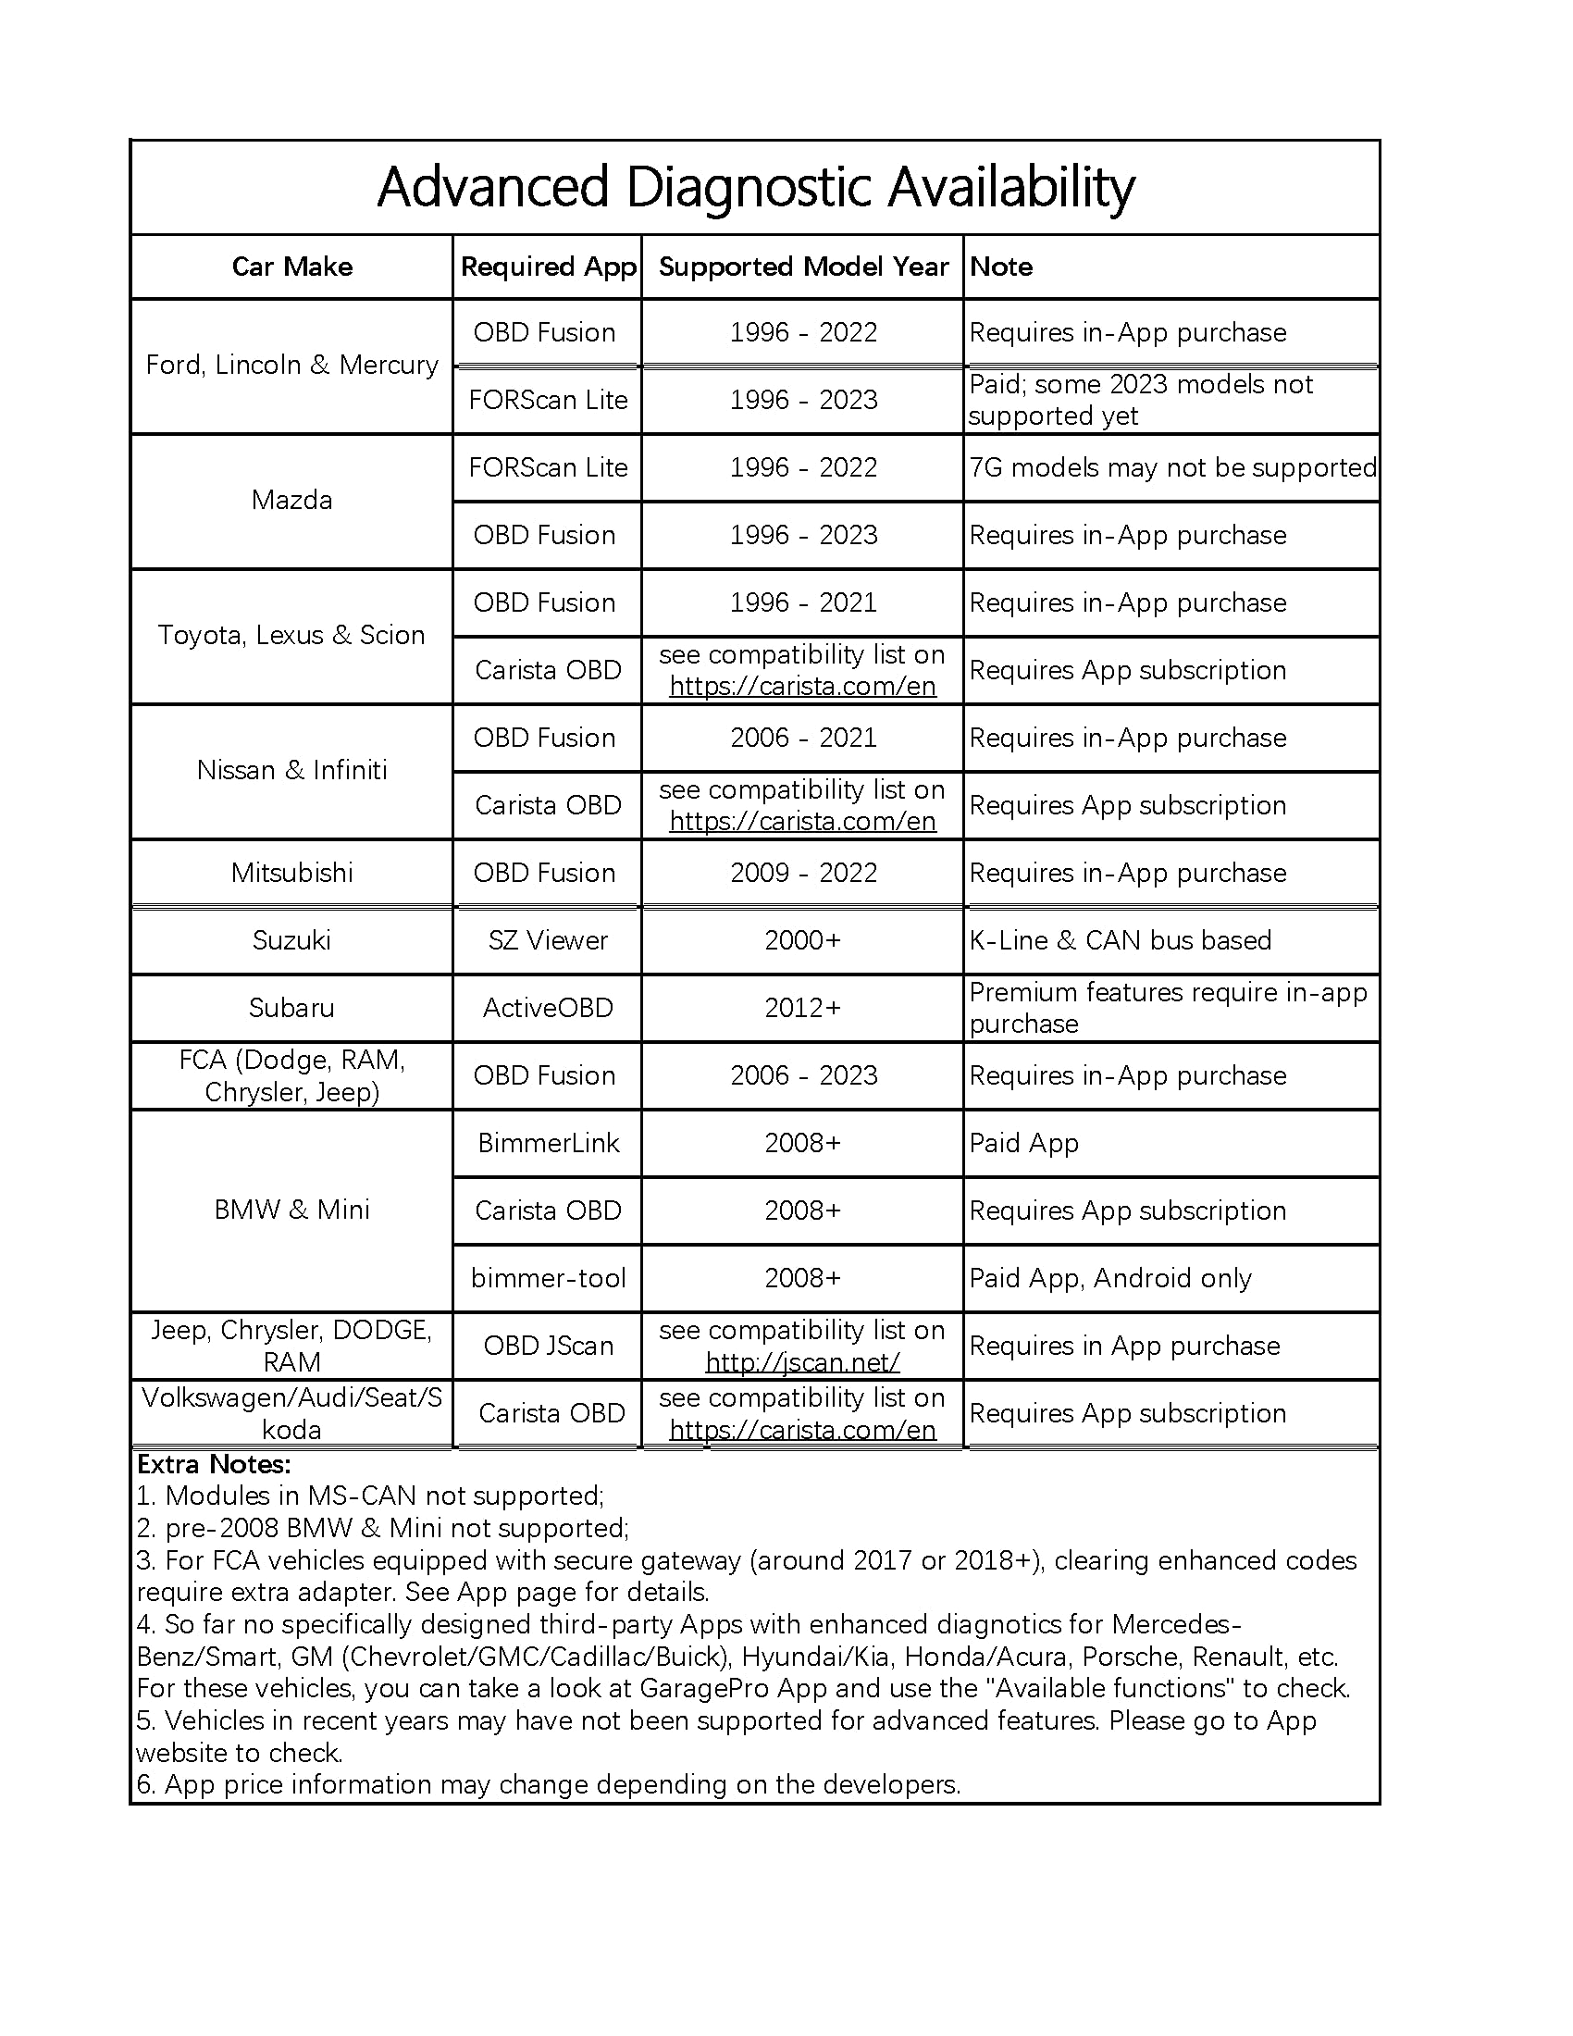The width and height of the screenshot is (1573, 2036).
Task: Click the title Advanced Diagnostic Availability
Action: pyautogui.click(x=755, y=187)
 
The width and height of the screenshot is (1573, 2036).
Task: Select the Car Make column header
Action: pyautogui.click(x=291, y=267)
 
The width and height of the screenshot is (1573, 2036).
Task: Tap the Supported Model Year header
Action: pyautogui.click(x=803, y=267)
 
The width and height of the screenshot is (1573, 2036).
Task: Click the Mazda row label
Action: pyautogui.click(x=291, y=501)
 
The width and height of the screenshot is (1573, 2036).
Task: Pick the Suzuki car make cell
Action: pyautogui.click(x=291, y=940)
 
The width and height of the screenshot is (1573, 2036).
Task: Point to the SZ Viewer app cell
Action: pyautogui.click(x=548, y=940)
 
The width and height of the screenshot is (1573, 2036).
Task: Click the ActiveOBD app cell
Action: pyautogui.click(x=548, y=1008)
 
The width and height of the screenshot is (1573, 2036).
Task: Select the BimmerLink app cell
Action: pyautogui.click(x=548, y=1143)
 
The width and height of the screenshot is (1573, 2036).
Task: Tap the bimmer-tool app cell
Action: pyautogui.click(x=548, y=1278)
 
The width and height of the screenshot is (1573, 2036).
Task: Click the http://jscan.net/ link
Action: pyautogui.click(x=802, y=1363)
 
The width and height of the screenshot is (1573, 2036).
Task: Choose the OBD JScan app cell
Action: pyautogui.click(x=548, y=1347)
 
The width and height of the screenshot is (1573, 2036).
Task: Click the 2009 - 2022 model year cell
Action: pyautogui.click(x=803, y=873)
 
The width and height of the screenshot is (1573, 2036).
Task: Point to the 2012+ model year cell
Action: pyautogui.click(x=803, y=1008)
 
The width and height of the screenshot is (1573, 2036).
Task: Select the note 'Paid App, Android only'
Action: pyautogui.click(x=1109, y=1278)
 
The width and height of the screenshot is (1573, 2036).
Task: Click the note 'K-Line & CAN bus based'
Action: pyautogui.click(x=1121, y=940)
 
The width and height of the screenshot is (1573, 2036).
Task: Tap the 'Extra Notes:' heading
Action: pyautogui.click(x=215, y=1465)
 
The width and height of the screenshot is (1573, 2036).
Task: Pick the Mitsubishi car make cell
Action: pyautogui.click(x=291, y=873)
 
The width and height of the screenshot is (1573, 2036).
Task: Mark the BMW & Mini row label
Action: pyautogui.click(x=291, y=1210)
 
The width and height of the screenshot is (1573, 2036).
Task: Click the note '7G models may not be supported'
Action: pyautogui.click(x=1172, y=468)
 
